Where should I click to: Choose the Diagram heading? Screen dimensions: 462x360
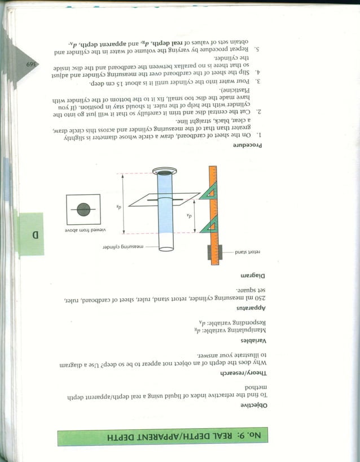click(253, 275)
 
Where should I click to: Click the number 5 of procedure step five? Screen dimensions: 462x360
click(257, 50)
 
